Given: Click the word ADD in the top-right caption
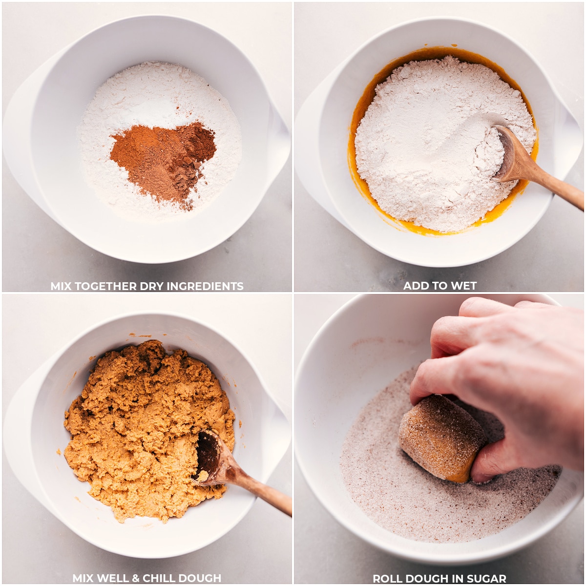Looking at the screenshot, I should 415,286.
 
